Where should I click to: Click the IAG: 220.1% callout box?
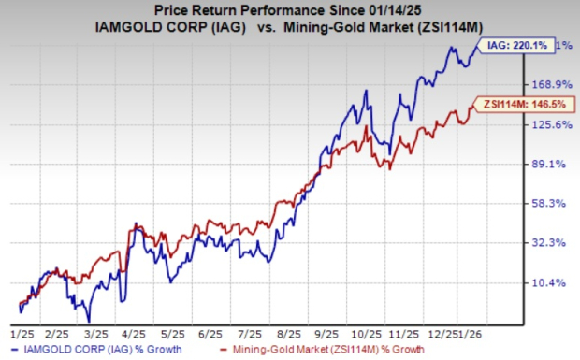click(x=518, y=44)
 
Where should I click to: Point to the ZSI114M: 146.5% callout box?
click(x=519, y=104)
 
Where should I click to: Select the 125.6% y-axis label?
click(x=548, y=124)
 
